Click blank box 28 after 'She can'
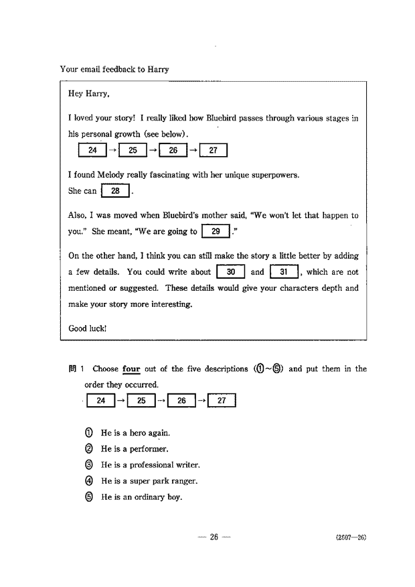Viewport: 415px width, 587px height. pos(115,191)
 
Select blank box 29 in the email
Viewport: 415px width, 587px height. pos(215,232)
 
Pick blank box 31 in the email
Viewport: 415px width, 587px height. pos(284,272)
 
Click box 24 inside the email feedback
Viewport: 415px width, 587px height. pos(92,151)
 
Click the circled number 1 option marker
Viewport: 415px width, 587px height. pos(89,433)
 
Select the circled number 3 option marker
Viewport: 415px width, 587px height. pos(89,465)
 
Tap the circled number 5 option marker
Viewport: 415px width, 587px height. pos(89,497)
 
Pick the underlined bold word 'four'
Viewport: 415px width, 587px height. pos(131,369)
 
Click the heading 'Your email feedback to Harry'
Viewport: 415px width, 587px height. pos(114,69)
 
